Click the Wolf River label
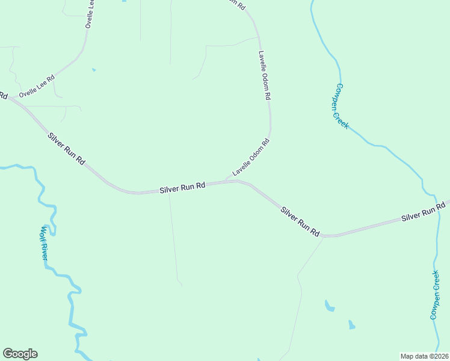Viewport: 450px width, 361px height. [45, 242]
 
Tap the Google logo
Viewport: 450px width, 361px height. [20, 354]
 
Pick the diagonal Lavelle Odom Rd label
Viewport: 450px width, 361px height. [251, 157]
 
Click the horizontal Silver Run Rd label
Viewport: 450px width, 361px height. [183, 188]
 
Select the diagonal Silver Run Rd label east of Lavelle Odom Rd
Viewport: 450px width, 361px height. [300, 221]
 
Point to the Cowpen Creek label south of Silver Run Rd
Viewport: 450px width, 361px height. [436, 295]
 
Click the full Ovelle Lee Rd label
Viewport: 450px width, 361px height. [37, 87]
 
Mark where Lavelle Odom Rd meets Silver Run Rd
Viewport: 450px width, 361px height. [227, 181]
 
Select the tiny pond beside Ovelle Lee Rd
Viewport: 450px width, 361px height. [93, 70]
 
